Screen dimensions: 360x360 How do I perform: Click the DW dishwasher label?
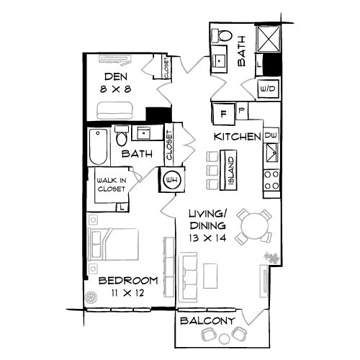click(271, 135)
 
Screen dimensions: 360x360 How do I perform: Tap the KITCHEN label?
click(235, 136)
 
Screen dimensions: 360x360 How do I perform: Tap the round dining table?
click(255, 227)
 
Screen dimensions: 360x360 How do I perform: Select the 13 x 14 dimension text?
click(208, 236)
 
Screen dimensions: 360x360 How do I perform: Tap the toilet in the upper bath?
click(224, 35)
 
